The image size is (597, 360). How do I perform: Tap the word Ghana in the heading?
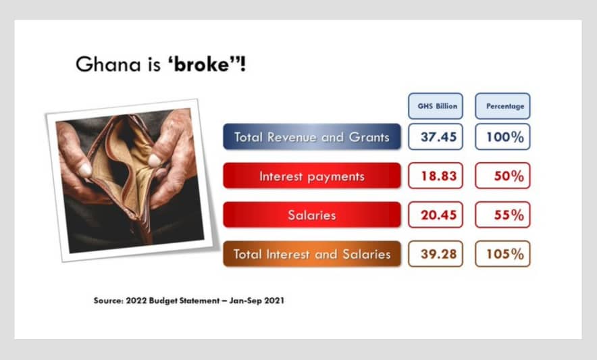point(108,64)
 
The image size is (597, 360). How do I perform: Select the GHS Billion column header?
point(436,106)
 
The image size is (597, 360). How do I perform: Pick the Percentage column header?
point(502,106)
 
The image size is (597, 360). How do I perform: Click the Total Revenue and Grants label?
point(312,136)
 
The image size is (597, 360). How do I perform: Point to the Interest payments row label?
point(312,176)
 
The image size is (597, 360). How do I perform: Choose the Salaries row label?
point(312,215)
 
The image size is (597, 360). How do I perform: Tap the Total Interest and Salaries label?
point(312,254)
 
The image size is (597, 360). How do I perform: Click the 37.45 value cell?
point(436,136)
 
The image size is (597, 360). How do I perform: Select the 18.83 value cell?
point(436,176)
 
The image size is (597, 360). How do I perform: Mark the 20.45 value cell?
point(436,215)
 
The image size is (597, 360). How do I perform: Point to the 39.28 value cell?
point(436,254)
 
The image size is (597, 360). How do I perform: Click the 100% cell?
point(502,136)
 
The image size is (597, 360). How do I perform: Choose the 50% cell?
point(502,176)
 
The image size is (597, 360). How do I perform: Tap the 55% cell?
point(502,215)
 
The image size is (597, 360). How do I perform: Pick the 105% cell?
point(502,254)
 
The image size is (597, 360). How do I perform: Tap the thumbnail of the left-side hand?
point(85,170)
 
